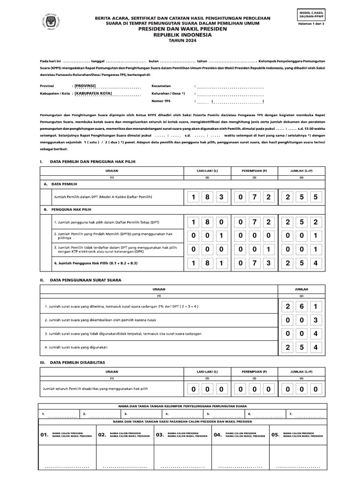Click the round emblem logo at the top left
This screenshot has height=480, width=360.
pos(46,22)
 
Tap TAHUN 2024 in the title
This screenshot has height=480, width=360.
pos(180,40)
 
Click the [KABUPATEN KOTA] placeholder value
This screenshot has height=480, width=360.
pos(93,94)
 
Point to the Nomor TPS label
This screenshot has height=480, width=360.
pos(161,101)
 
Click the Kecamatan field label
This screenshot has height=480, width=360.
pos(161,86)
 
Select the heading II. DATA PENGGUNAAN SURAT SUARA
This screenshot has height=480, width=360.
pos(81,280)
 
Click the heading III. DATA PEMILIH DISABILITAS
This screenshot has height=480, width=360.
pos(75,362)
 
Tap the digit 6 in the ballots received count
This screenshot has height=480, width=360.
pos(301,307)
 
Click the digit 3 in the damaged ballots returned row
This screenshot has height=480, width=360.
pos(316,320)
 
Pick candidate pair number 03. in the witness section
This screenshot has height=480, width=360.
pos(160,435)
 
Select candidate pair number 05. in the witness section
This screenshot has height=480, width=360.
pos(275,435)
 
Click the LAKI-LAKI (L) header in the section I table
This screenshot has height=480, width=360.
pos(206,171)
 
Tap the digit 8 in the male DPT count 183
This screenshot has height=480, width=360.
pos(206,197)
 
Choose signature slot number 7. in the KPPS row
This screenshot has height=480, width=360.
pos(291,414)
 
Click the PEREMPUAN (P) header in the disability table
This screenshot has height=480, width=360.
pos(254,371)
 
